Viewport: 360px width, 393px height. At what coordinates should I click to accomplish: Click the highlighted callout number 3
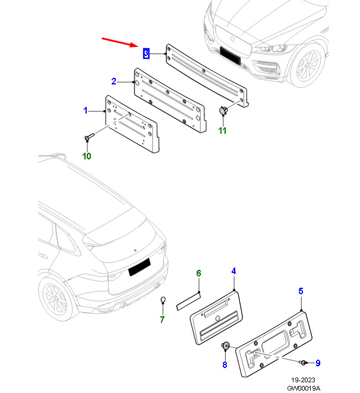(146, 54)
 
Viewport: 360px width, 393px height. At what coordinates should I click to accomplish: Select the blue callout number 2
(113, 81)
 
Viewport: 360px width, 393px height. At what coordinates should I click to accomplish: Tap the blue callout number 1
(86, 111)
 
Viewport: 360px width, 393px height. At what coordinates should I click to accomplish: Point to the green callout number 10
(87, 156)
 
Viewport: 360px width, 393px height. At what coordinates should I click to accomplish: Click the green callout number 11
(222, 131)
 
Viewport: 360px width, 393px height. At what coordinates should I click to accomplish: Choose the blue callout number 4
(233, 271)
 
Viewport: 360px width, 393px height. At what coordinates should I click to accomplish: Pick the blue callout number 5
(301, 291)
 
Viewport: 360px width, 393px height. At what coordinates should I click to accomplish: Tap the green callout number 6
(198, 273)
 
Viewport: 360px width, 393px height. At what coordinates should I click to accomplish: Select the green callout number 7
(162, 319)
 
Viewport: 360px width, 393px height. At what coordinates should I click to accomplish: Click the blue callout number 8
(225, 364)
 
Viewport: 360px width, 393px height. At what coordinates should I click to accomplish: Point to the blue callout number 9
(318, 363)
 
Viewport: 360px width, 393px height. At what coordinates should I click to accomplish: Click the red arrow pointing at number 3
(120, 42)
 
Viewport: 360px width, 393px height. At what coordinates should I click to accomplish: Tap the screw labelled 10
(89, 137)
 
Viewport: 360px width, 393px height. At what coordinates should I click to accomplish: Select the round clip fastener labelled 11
(223, 110)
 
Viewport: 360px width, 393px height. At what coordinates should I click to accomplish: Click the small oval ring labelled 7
(163, 300)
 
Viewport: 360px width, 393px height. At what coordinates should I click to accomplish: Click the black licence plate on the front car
(230, 56)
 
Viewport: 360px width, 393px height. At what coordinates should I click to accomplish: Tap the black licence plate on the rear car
(140, 267)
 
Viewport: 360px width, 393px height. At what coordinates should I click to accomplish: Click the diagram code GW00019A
(304, 388)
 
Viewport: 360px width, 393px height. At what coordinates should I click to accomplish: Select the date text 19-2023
(303, 380)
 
